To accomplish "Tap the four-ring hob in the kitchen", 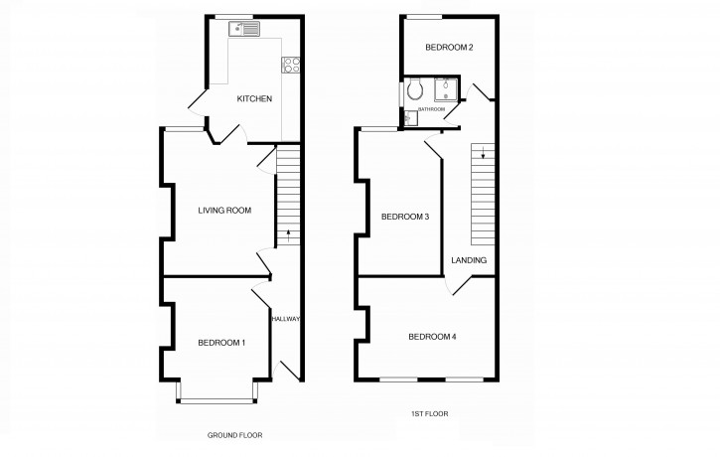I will click(x=291, y=65).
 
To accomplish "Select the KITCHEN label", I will click(x=254, y=99).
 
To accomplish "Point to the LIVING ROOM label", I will click(x=224, y=210).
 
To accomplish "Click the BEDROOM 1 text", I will click(x=221, y=343).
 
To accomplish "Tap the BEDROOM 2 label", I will click(x=448, y=48).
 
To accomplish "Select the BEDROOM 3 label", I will click(x=405, y=218).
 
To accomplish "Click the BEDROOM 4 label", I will click(x=432, y=337).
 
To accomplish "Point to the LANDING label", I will click(x=469, y=260).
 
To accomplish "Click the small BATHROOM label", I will click(x=431, y=109).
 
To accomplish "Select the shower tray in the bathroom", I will click(x=446, y=90).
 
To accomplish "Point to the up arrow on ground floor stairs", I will click(x=287, y=235).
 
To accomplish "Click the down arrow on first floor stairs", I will click(x=483, y=152).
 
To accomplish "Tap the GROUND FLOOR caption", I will click(x=234, y=435).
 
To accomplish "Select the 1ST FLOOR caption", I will click(x=431, y=414).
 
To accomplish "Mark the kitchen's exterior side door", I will click(x=196, y=104).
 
